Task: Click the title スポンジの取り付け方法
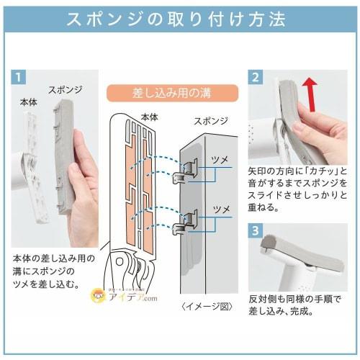click(x=179, y=19)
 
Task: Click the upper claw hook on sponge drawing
click(x=185, y=168)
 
